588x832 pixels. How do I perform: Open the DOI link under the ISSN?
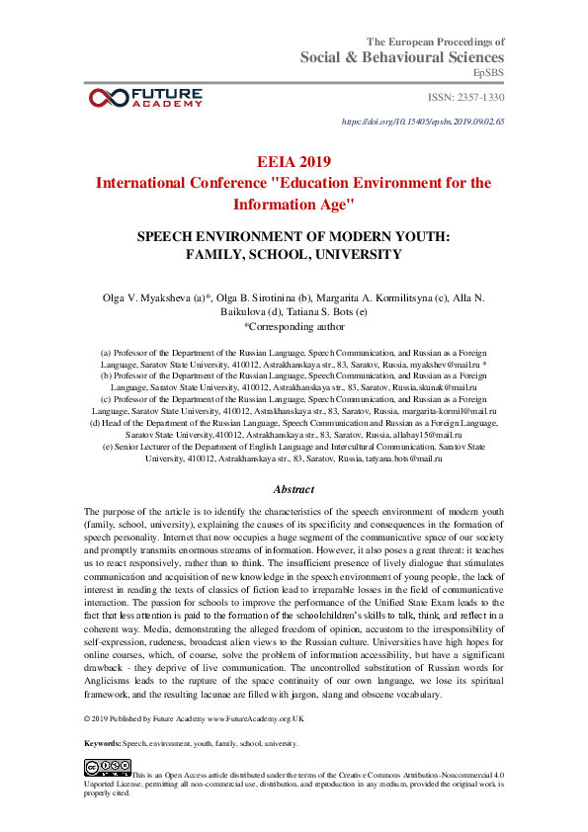coord(422,122)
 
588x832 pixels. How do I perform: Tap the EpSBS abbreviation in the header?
coord(488,74)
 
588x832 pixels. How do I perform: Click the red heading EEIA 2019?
coord(294,162)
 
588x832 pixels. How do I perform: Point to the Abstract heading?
coord(294,489)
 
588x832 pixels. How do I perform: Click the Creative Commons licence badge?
coord(108,767)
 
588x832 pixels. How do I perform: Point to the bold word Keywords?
coord(102,742)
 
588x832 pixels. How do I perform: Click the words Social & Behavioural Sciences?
coord(402,58)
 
